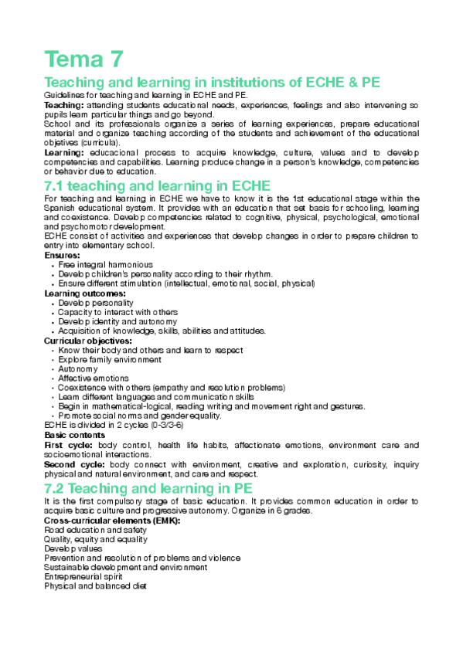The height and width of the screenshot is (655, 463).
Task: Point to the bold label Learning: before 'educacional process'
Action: [65, 153]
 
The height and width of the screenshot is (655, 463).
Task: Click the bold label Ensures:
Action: [62, 255]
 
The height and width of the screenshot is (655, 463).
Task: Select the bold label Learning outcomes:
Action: [85, 294]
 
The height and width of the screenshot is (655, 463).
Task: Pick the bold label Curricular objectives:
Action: [88, 341]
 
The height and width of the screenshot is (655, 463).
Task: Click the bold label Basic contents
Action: [75, 436]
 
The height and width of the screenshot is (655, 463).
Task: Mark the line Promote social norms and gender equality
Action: [140, 416]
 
